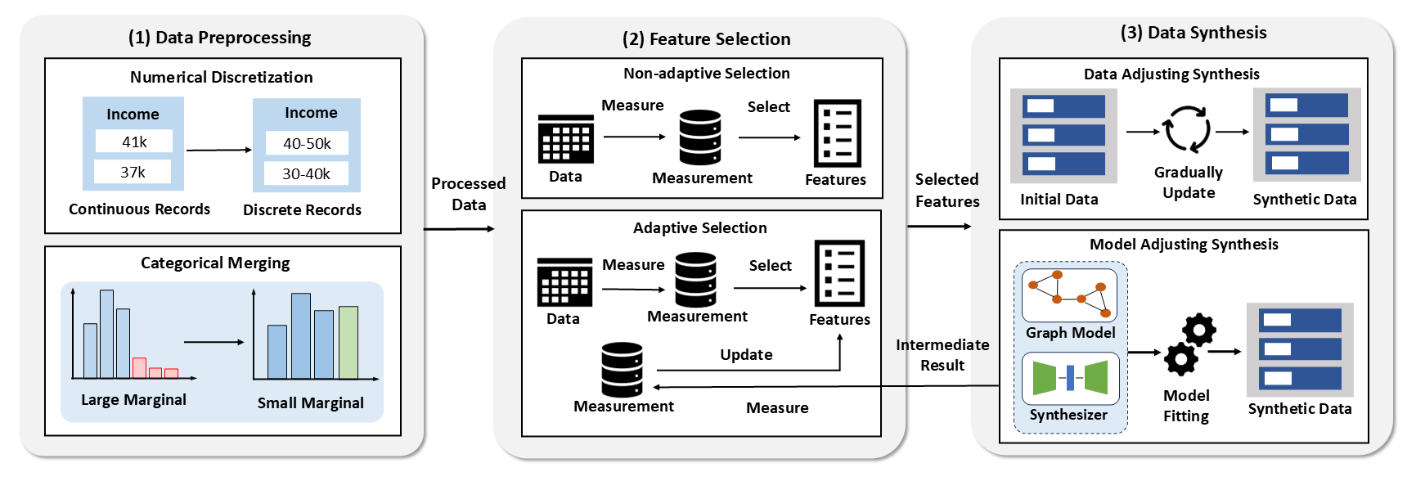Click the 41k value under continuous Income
(x=134, y=142)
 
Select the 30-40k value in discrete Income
(x=307, y=173)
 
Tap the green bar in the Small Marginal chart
(x=348, y=342)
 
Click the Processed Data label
(x=469, y=194)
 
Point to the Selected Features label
(x=947, y=190)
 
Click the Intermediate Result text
(x=942, y=355)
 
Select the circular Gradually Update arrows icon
(x=1187, y=129)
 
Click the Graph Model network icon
(x=1070, y=295)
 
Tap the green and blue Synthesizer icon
(x=1070, y=378)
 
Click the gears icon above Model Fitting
(x=1190, y=344)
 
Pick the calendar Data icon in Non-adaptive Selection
(x=566, y=139)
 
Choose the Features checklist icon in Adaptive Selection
(x=839, y=273)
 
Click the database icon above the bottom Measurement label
(x=622, y=370)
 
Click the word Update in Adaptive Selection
(x=746, y=354)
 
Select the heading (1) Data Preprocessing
(x=219, y=37)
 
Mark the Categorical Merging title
(x=215, y=263)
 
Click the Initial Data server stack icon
(x=1063, y=136)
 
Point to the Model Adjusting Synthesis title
(x=1184, y=244)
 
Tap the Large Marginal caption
(x=133, y=399)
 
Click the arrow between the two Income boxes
(x=218, y=150)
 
